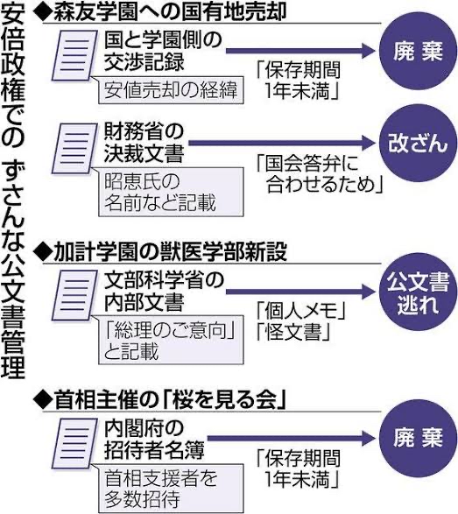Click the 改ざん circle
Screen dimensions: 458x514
(418, 144)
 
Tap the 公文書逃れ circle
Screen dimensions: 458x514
(418, 292)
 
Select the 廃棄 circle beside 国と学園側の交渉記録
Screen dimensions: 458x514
(418, 51)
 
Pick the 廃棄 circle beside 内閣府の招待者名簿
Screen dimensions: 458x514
(418, 439)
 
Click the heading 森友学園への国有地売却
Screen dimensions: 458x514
(160, 12)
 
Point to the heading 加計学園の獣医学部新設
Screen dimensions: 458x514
(160, 252)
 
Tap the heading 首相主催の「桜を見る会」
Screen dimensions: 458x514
(159, 400)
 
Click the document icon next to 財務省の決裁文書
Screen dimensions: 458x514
(74, 148)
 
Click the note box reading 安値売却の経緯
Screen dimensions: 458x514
(171, 90)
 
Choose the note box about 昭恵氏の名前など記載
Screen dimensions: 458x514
(171, 192)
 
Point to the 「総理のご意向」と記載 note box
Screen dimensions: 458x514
(171, 340)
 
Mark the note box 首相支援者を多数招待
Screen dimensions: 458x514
(171, 489)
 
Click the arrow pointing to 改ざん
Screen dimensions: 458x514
(282, 143)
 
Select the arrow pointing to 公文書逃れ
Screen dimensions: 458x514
(300, 291)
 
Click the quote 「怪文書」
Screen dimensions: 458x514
(293, 332)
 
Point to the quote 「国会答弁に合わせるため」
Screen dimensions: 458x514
(320, 173)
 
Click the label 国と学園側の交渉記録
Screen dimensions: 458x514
(163, 51)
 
